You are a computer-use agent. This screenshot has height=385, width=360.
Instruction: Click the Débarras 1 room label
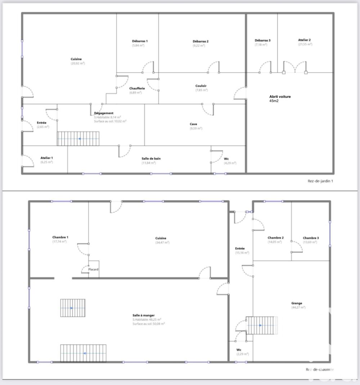[x=140, y=41]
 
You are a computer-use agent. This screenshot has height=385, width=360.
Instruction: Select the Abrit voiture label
[x=280, y=96]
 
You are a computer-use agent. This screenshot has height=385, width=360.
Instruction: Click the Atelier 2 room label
[x=304, y=40]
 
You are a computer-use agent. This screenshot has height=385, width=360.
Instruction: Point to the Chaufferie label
[x=137, y=88]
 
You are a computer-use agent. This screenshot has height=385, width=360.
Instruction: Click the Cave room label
[x=193, y=124]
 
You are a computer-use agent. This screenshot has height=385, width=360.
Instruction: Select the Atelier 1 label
[x=47, y=158]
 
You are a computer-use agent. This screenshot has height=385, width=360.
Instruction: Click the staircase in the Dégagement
[x=78, y=138]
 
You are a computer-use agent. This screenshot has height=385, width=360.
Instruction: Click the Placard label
[x=94, y=269]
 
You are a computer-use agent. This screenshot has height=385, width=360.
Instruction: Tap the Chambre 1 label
[x=60, y=237]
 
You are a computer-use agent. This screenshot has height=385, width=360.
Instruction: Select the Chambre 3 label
[x=310, y=238]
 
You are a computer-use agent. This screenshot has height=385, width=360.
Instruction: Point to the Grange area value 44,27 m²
[x=298, y=308]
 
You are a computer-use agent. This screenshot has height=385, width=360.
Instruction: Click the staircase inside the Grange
[x=262, y=325]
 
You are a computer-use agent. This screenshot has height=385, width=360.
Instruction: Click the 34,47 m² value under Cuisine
[x=162, y=243]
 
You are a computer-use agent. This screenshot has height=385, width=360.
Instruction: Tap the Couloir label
[x=201, y=86]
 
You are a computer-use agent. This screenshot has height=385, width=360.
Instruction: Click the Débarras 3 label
[x=262, y=40]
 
